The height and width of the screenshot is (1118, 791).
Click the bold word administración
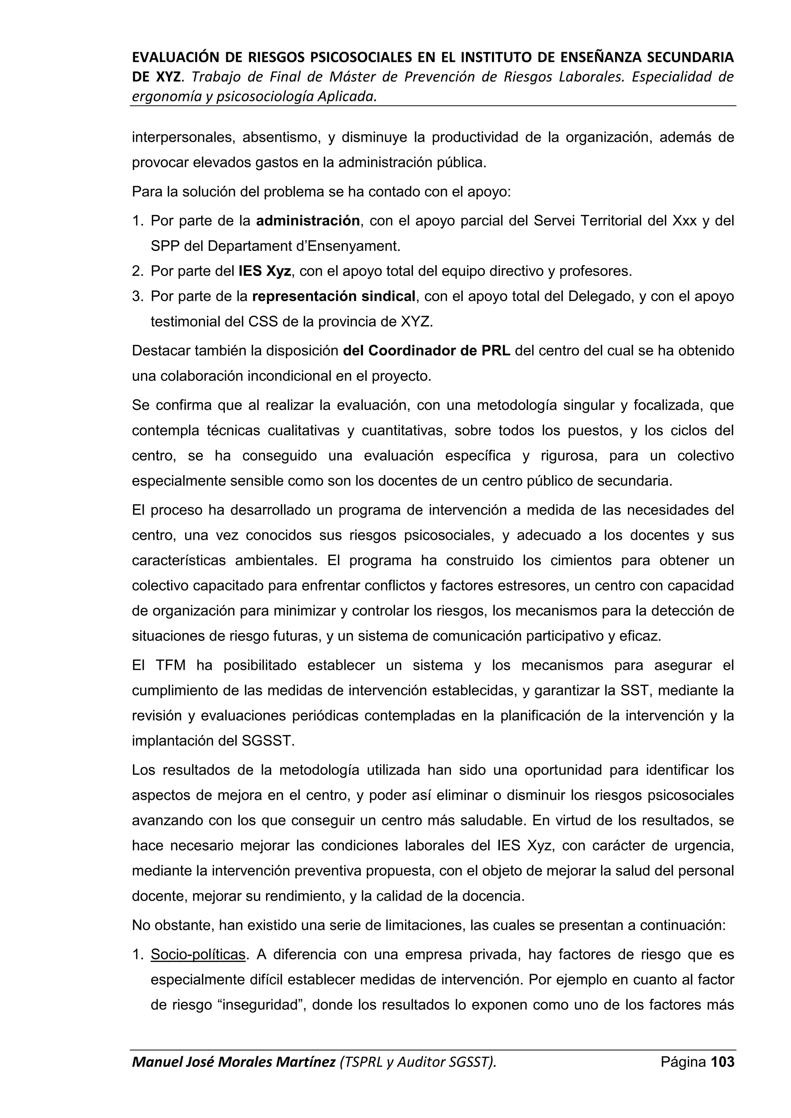(308, 221)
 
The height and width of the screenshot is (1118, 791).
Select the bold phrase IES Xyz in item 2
(265, 271)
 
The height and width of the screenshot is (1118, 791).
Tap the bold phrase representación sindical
(334, 296)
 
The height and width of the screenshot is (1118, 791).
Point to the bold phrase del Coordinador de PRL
(427, 351)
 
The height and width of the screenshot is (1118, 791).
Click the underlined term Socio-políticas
(198, 955)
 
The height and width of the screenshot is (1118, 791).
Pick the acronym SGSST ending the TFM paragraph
(268, 741)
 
